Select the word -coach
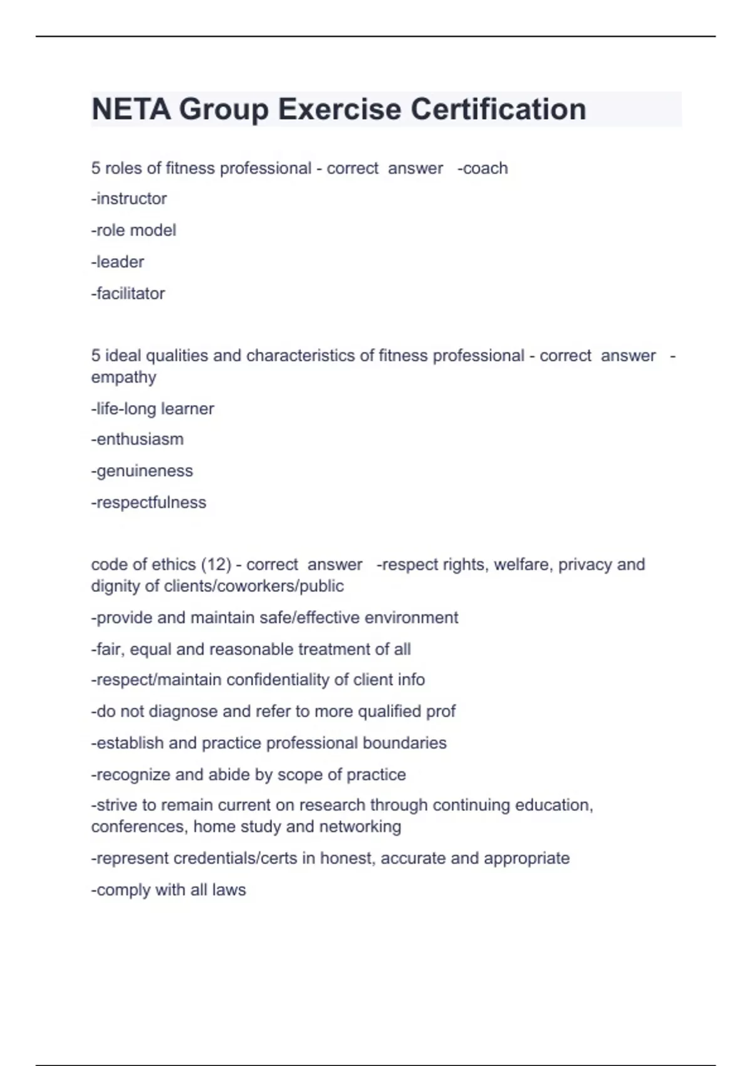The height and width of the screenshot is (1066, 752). (x=483, y=168)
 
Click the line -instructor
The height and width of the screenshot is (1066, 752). (x=129, y=199)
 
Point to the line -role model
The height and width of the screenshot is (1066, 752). (x=133, y=230)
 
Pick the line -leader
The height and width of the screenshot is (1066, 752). (x=118, y=261)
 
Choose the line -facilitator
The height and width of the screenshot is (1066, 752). (x=128, y=293)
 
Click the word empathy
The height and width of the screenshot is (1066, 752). (x=123, y=377)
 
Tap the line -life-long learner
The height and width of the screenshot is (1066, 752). (x=153, y=409)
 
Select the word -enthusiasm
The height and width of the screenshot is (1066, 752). (x=138, y=439)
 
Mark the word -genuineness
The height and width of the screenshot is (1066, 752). (x=142, y=471)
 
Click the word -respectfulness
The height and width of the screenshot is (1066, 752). (x=149, y=502)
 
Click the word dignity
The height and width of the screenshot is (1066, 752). (x=116, y=586)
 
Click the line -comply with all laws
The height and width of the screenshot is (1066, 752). (x=169, y=890)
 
